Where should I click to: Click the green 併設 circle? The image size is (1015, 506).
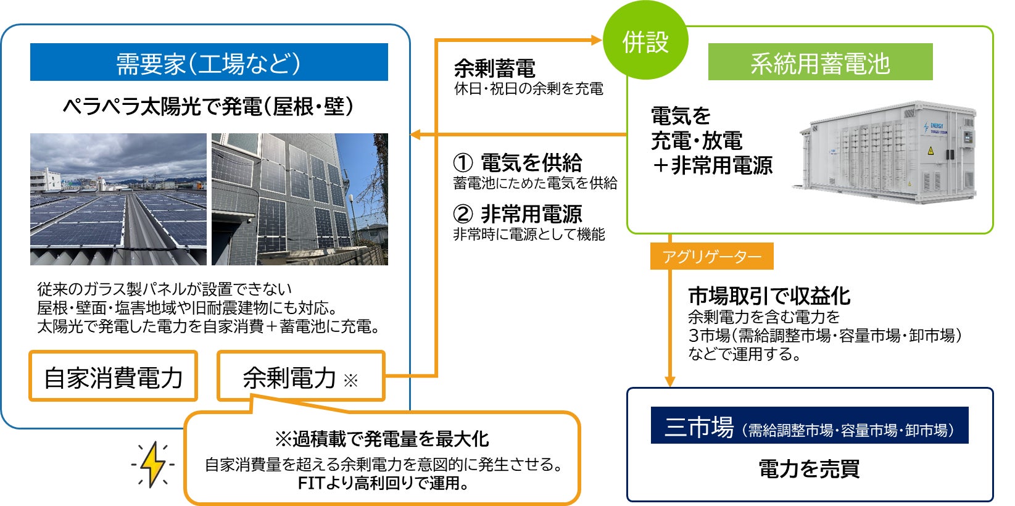pyautogui.click(x=645, y=41)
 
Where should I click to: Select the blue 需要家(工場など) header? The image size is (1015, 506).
pyautogui.click(x=209, y=62)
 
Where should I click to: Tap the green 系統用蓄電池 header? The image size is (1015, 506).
pyautogui.click(x=820, y=62)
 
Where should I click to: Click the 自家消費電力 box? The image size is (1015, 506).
pyautogui.click(x=114, y=376)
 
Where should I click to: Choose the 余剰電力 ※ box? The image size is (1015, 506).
pyautogui.click(x=301, y=376)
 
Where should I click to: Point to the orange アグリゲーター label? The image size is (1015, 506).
pyautogui.click(x=711, y=257)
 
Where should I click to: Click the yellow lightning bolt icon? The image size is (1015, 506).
pyautogui.click(x=153, y=464)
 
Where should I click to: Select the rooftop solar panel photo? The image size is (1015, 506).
pyautogui.click(x=118, y=199)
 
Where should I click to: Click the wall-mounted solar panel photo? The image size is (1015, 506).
pyautogui.click(x=300, y=199)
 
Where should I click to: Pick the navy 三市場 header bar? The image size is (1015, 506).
pyautogui.click(x=810, y=425)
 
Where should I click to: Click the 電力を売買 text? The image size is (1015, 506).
pyautogui.click(x=809, y=469)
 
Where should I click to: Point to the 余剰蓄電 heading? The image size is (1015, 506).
pyautogui.click(x=494, y=69)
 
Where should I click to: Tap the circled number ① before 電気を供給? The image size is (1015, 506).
pyautogui.click(x=463, y=163)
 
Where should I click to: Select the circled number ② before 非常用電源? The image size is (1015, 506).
pyautogui.click(x=463, y=214)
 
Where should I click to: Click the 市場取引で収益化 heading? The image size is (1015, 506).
pyautogui.click(x=769, y=296)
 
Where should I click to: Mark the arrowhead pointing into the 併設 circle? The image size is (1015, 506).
pyautogui.click(x=596, y=40)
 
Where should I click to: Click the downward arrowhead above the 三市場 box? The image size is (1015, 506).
pyautogui.click(x=670, y=381)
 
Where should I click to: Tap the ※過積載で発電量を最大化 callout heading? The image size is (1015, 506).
pyautogui.click(x=381, y=439)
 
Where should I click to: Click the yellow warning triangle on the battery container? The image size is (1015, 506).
pyautogui.click(x=930, y=151)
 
